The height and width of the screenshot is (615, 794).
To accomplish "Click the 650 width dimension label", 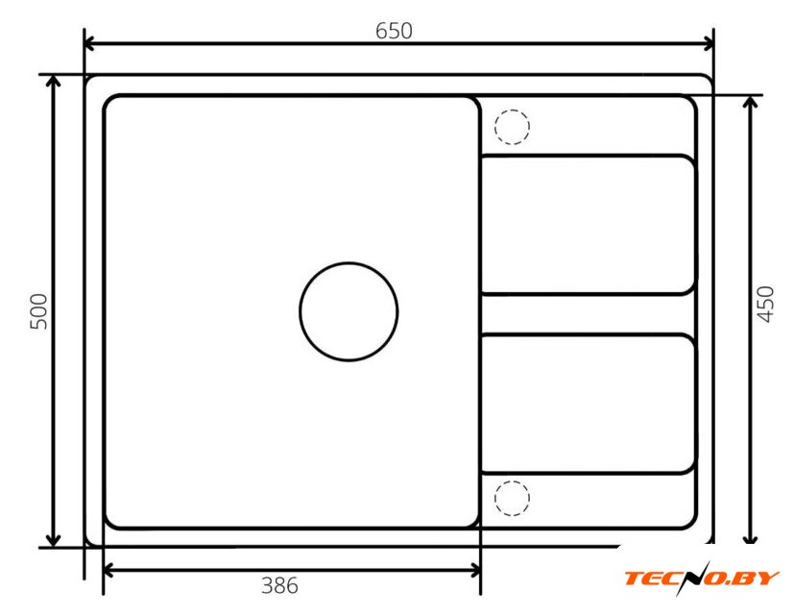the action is coord(394,31).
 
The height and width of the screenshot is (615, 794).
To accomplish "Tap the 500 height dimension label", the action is coord(38,311).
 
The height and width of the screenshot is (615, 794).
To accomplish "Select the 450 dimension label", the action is coord(765,305).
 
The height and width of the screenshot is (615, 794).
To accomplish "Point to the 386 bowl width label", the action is coord(279,585).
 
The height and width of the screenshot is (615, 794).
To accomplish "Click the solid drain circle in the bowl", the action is coord(349,262).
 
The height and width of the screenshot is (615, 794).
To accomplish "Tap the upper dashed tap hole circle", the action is coord(512,110).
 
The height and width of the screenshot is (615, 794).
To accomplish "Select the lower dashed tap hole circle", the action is coord(512,480).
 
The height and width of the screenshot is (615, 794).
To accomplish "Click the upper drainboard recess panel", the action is coord(588,225).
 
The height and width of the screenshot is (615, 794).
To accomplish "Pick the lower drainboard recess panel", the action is coord(588,404).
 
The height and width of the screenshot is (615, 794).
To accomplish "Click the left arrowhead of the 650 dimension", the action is coord(89,43).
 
